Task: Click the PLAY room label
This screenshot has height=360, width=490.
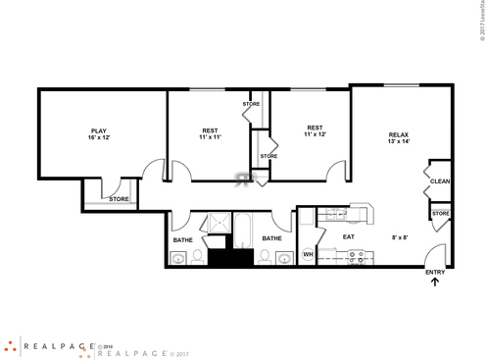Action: click(99, 130)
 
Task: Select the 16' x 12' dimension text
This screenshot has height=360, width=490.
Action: click(99, 138)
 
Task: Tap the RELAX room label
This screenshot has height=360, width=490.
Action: click(398, 134)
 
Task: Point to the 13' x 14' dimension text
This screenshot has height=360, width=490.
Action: click(398, 142)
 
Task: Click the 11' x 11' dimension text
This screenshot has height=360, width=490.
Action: click(211, 138)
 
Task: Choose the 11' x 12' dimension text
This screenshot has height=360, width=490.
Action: click(315, 134)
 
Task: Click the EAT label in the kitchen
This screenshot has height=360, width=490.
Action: click(348, 236)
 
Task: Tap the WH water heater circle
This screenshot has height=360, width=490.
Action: click(307, 255)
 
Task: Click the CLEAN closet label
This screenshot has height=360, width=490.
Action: click(440, 181)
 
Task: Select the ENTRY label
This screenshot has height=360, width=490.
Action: click(434, 272)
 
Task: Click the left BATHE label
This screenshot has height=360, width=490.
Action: click(182, 239)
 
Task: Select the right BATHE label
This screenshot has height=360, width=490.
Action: click(271, 238)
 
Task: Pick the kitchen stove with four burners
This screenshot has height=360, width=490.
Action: click(357, 256)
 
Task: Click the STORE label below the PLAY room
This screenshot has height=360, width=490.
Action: click(119, 199)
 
